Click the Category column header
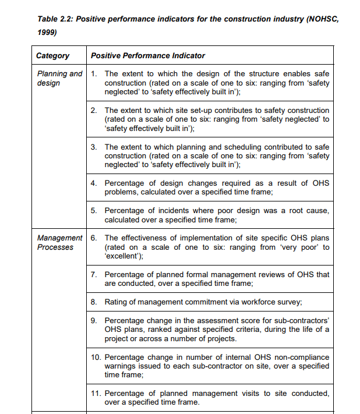click(52, 56)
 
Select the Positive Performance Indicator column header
click(148, 56)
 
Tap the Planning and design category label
click(59, 79)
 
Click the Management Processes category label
click(59, 243)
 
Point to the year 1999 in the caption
click(47, 33)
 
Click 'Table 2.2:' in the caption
click(54, 19)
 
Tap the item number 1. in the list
click(94, 74)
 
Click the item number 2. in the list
click(94, 110)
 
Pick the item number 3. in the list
click(94, 147)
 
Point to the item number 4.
click(94, 183)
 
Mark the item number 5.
click(94, 211)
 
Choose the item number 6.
click(94, 238)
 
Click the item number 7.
click(94, 274)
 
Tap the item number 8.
click(94, 302)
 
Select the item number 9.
click(94, 320)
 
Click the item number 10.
click(96, 357)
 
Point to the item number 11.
click(96, 394)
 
